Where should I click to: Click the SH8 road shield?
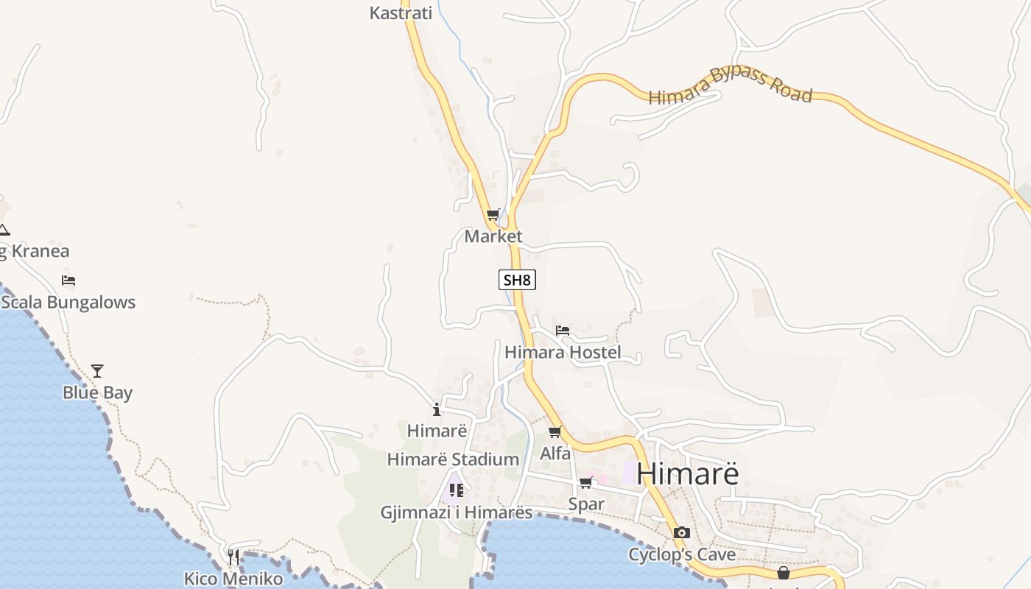pyautogui.click(x=517, y=280)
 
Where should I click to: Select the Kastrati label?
pyautogui.click(x=400, y=13)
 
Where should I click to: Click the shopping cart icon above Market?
pyautogui.click(x=493, y=215)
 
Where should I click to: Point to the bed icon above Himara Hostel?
pyautogui.click(x=563, y=331)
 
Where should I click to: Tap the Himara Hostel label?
pyautogui.click(x=563, y=353)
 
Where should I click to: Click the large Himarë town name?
pyautogui.click(x=687, y=473)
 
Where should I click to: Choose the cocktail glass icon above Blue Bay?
pyautogui.click(x=97, y=371)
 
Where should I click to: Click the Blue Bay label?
pyautogui.click(x=97, y=393)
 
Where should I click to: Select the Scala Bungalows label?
pyautogui.click(x=68, y=303)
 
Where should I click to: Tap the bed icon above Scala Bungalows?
pyautogui.click(x=68, y=281)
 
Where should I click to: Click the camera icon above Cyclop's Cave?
pyautogui.click(x=682, y=532)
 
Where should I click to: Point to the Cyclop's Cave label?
pyautogui.click(x=682, y=554)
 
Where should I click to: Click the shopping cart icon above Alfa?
pyautogui.click(x=555, y=432)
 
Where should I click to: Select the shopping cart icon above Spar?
pyautogui.click(x=586, y=483)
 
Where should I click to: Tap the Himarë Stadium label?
pyautogui.click(x=453, y=460)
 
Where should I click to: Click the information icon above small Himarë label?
pyautogui.click(x=437, y=409)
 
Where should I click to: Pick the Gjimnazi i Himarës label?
pyautogui.click(x=456, y=512)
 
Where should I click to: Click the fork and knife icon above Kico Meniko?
pyautogui.click(x=233, y=557)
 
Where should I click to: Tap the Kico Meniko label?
pyautogui.click(x=233, y=579)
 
